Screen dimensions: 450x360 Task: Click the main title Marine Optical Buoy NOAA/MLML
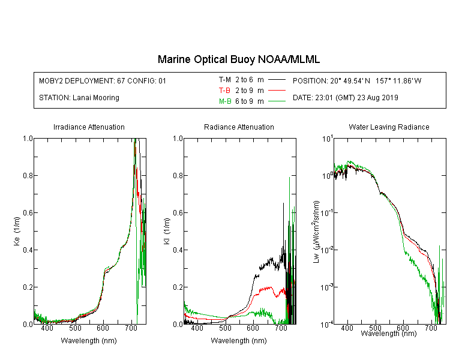point(238,59)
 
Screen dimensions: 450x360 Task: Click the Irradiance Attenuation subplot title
point(89,127)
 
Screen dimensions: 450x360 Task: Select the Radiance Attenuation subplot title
point(239,127)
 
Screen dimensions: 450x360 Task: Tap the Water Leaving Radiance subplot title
point(389,127)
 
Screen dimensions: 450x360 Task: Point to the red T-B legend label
point(224,91)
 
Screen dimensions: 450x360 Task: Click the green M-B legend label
point(225,101)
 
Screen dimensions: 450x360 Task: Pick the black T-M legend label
point(225,80)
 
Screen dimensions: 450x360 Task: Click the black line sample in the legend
point(277,80)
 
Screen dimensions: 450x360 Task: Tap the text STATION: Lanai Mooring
point(79,98)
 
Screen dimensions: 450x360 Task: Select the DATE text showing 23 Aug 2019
point(345,98)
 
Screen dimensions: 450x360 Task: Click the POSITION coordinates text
point(357,80)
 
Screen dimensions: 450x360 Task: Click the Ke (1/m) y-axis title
point(17,231)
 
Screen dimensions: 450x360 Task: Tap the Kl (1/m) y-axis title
point(167,232)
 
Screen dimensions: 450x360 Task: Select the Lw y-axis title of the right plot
point(316,232)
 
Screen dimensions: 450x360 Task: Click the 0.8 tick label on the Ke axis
point(28,175)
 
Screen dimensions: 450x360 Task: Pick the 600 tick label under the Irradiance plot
point(103,328)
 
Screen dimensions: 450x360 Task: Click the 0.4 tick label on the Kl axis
point(178,250)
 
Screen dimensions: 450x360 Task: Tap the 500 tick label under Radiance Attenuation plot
point(225,328)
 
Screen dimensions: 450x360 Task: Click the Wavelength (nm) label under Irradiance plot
point(89,341)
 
